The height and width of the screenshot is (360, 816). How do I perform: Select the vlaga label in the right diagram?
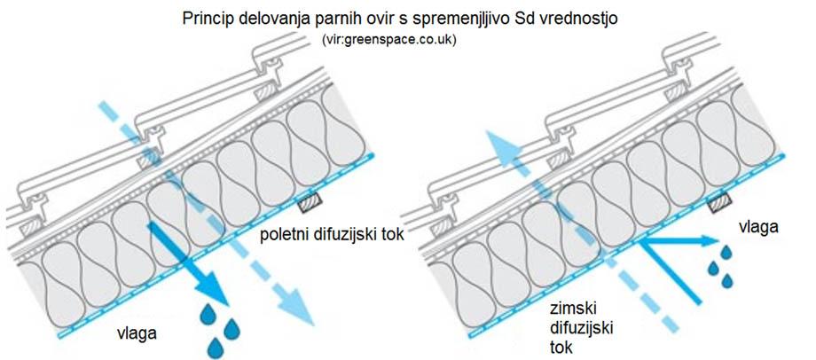(x=760, y=228)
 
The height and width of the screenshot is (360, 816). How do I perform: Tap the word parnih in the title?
(x=388, y=19)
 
